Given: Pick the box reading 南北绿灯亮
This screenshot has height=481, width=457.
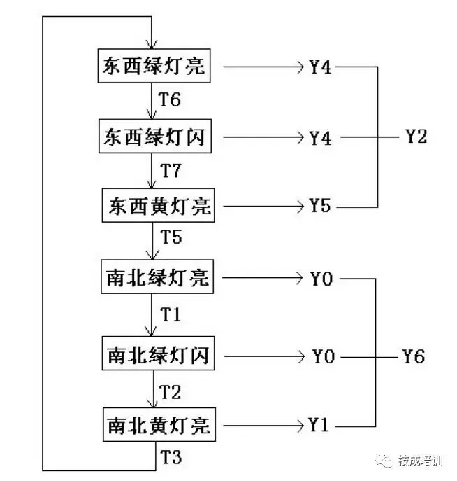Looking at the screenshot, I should click(x=156, y=279).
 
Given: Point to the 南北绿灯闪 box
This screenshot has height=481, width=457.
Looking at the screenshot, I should click(x=156, y=356).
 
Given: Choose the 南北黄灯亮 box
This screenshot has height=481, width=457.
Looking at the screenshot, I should click(x=157, y=424).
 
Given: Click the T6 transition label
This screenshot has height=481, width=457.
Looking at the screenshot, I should click(x=170, y=100).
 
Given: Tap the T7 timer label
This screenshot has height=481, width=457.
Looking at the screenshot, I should click(x=171, y=170).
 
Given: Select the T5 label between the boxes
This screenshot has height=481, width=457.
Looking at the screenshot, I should click(x=171, y=237).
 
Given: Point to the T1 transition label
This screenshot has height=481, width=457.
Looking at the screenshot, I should click(x=171, y=315).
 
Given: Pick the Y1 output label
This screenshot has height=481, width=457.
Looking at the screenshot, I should click(x=319, y=424).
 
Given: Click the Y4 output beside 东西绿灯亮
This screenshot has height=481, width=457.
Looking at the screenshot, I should click(x=320, y=68).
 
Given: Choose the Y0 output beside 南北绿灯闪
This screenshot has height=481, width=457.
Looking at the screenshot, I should click(x=323, y=356).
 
